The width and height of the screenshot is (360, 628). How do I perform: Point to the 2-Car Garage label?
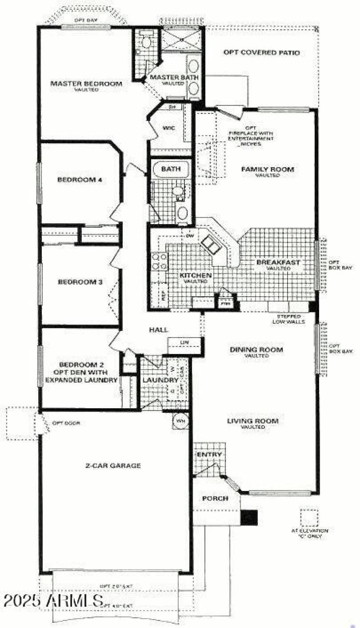(x=113, y=465)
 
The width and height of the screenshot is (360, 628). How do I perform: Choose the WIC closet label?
(x=169, y=128)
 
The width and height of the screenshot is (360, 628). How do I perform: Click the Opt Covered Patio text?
(x=261, y=53)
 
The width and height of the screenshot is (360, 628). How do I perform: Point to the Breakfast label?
(x=278, y=262)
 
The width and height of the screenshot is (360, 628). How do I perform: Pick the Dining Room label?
(x=256, y=349)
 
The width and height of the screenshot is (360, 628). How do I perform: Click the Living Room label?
(x=252, y=421)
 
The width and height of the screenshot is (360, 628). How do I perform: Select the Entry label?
(x=209, y=455)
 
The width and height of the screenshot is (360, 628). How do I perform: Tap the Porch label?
(x=215, y=499)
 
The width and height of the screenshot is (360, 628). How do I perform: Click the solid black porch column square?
(x=249, y=517)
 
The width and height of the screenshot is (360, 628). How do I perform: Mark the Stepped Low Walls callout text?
(x=289, y=319)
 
